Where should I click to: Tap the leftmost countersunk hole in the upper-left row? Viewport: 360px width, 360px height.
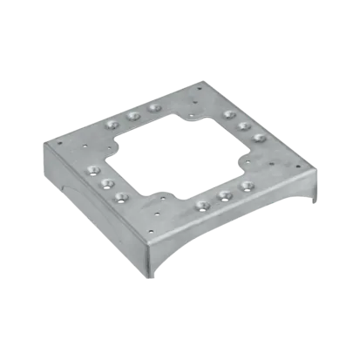112,125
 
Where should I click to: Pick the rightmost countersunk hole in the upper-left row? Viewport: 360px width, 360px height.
154,107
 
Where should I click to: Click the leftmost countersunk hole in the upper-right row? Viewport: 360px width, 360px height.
229,114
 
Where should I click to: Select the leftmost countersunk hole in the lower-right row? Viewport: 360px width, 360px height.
202,206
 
